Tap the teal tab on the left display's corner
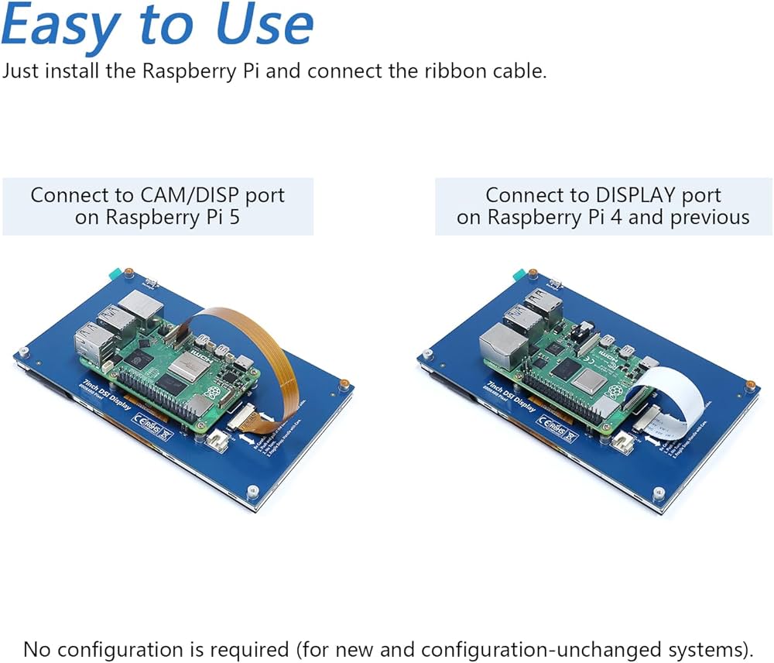pyautogui.click(x=115, y=273)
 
